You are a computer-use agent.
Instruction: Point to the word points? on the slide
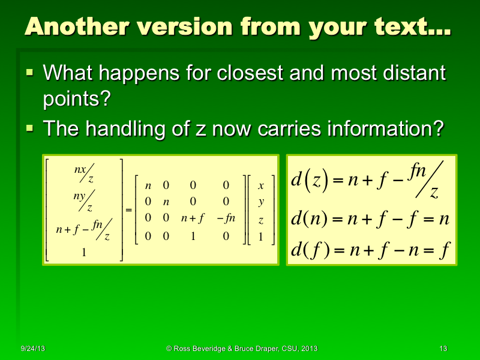[77, 98]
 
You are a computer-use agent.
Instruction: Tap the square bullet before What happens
[30, 73]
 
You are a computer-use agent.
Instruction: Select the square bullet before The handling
[30, 128]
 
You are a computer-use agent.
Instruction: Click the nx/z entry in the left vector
[83, 174]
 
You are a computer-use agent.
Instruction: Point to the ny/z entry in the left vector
[83, 203]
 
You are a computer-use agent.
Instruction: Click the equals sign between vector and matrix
[128, 209]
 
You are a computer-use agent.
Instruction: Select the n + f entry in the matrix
[193, 219]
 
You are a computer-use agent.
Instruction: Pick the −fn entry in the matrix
[226, 219]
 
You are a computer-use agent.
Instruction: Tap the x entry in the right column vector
[260, 185]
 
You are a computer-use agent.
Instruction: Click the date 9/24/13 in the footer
[32, 349]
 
